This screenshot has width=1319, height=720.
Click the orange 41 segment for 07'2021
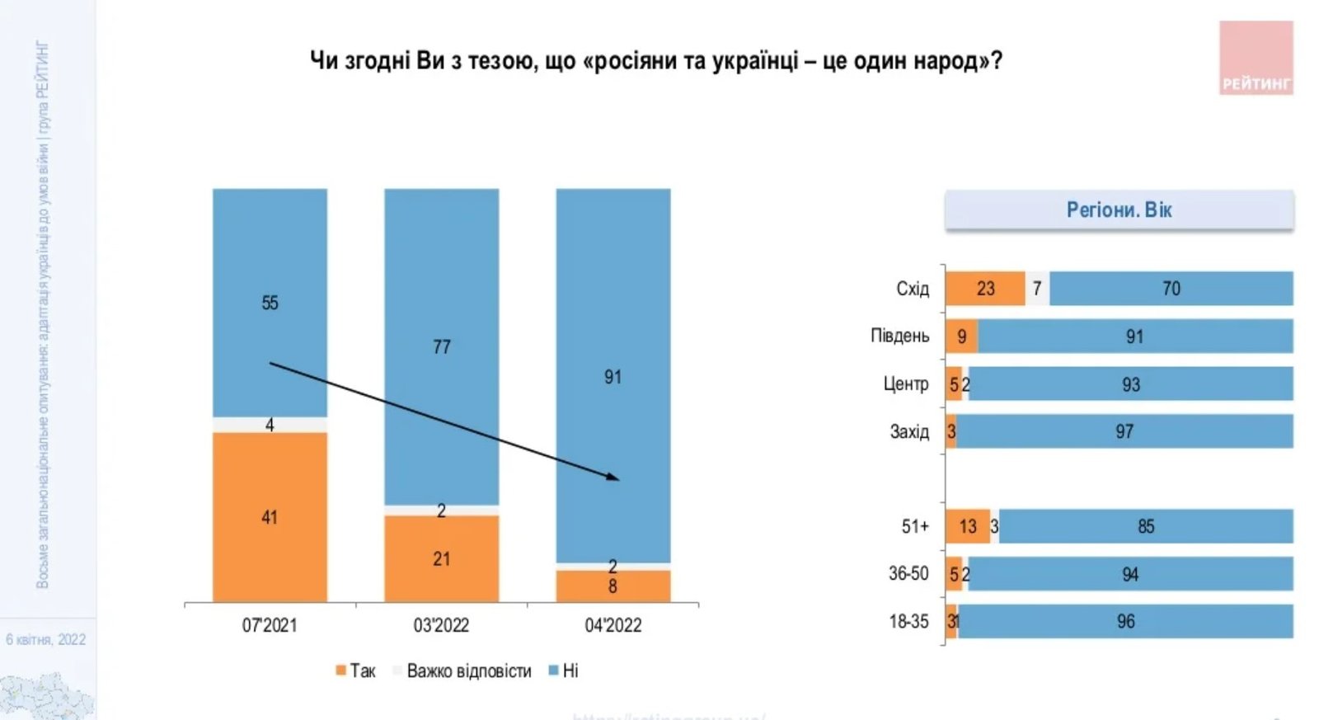tap(270, 517)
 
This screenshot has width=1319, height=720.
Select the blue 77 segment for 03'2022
tap(441, 346)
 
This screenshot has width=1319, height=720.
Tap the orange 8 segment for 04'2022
tap(613, 586)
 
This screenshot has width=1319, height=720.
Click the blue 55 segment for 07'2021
tap(270, 303)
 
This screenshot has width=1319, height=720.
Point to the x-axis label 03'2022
tap(441, 625)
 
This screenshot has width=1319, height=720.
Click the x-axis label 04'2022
tap(613, 625)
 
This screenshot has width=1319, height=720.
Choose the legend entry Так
tap(355, 671)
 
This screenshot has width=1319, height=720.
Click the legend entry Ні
tap(564, 671)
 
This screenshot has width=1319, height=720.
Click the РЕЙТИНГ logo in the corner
tap(1256, 58)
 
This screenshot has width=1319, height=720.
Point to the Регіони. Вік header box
tap(1119, 209)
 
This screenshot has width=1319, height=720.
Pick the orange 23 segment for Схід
tap(985, 289)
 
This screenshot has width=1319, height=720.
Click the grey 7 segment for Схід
tap(1037, 289)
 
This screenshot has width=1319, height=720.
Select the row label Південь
tap(899, 336)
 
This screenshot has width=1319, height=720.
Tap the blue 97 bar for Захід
tap(1124, 431)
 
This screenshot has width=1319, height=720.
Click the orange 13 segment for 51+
tap(968, 526)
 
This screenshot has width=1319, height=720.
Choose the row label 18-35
tap(908, 621)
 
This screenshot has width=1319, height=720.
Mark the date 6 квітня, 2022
tap(46, 639)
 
